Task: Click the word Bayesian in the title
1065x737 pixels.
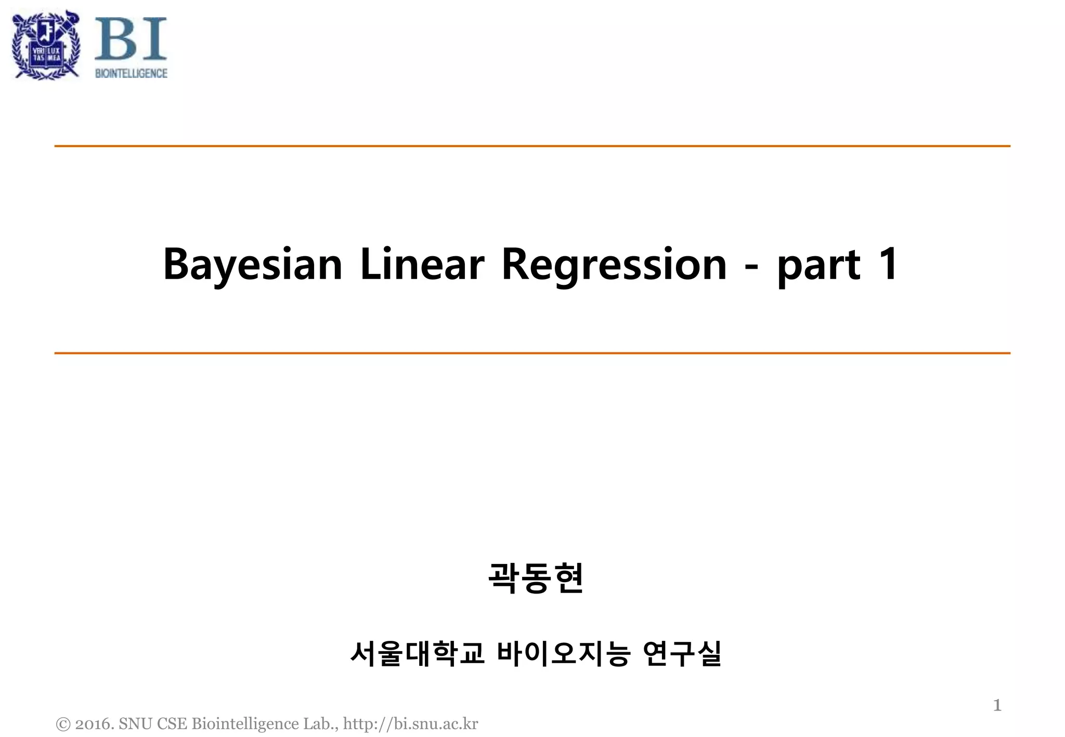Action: pos(253,265)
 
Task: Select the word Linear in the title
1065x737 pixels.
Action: pos(422,265)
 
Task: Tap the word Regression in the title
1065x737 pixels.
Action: pos(614,265)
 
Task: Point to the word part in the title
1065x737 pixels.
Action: pos(819,266)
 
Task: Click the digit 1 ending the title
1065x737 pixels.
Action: pos(888,264)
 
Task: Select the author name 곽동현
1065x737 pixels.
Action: pos(536,578)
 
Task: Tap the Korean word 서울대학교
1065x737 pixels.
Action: pos(417,653)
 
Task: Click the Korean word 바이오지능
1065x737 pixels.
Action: pos(564,653)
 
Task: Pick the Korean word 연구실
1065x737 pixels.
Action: pos(682,653)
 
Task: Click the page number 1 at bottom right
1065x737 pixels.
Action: pos(997,705)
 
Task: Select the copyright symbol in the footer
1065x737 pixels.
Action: pos(63,724)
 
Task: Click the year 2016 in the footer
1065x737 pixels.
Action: pos(93,724)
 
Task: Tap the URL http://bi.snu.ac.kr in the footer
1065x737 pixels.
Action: pos(410,724)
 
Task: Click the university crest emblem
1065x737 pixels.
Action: pos(46,45)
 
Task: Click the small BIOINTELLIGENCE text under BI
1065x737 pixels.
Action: pos(131,74)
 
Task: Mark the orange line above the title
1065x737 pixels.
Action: pos(532,146)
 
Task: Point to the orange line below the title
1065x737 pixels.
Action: pos(532,353)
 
